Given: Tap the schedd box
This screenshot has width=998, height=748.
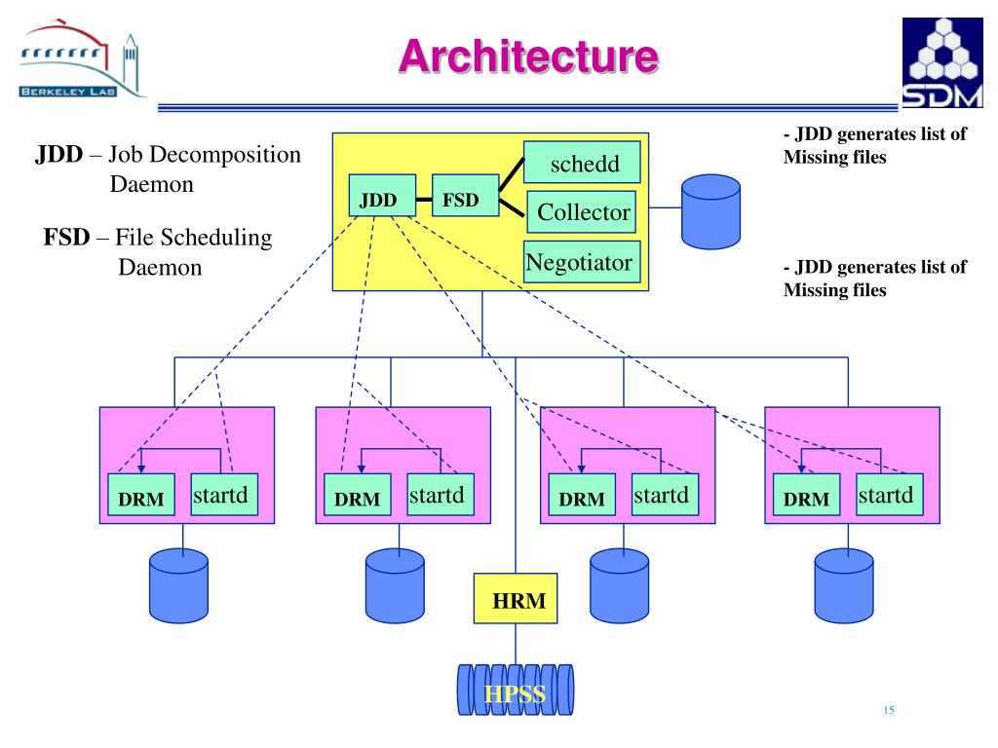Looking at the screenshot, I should click(x=582, y=162).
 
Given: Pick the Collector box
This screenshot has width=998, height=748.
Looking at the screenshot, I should click(x=583, y=211).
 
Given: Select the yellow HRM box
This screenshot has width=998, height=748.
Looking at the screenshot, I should click(x=516, y=598).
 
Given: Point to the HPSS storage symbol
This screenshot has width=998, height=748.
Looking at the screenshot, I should click(x=516, y=690).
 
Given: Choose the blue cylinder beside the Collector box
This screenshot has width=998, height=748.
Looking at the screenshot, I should click(x=710, y=209).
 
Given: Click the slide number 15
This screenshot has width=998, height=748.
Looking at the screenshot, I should click(x=888, y=710).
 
